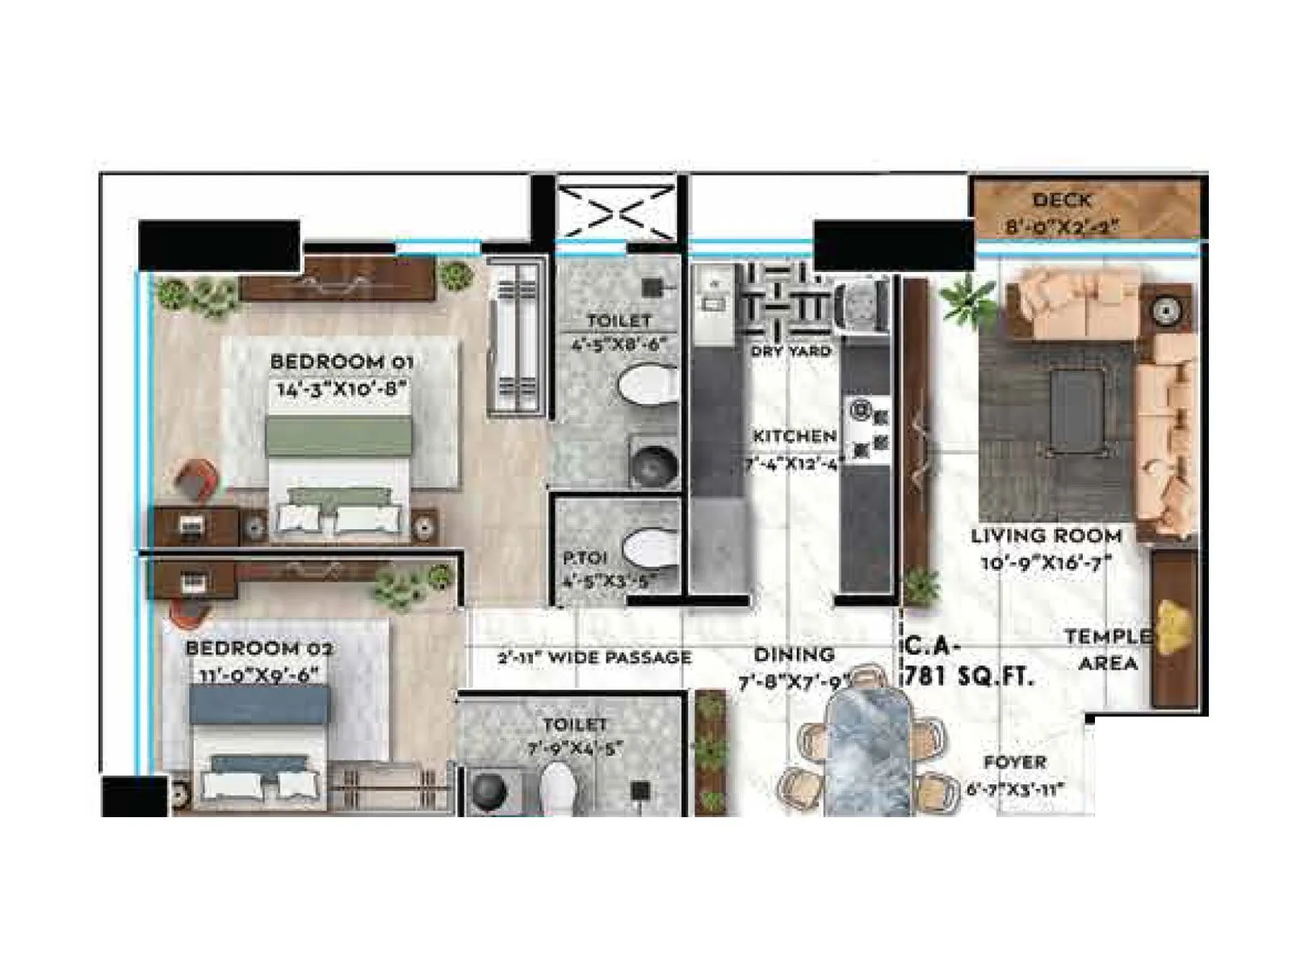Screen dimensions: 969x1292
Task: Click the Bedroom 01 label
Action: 341,362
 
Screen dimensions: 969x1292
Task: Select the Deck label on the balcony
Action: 1061,200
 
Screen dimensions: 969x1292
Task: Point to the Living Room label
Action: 1046,536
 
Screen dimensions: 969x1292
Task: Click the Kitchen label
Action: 795,437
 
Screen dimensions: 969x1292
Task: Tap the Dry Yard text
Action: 791,351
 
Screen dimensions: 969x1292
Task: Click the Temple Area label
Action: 1108,650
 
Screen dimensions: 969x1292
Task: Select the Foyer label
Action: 1014,762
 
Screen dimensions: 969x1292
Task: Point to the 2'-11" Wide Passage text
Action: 594,658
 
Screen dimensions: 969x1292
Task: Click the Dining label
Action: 794,655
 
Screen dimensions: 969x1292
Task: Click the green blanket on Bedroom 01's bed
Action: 338,437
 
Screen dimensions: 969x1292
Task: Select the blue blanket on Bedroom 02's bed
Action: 259,705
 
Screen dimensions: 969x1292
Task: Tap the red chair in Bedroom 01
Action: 197,480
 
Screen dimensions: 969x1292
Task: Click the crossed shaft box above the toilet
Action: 617,212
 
